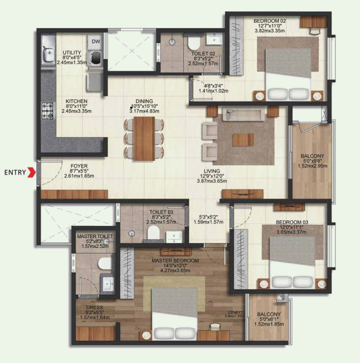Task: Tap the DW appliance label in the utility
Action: point(96,41)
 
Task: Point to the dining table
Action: point(144,138)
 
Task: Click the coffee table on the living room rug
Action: point(243,140)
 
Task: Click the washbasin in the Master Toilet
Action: point(108,282)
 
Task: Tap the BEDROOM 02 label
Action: point(269,21)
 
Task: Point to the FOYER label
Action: point(79,166)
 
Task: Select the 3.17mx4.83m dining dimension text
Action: point(144,111)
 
